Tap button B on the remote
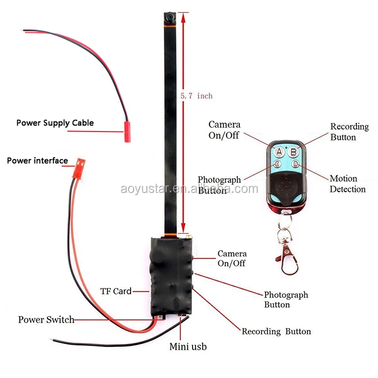pos(295,150)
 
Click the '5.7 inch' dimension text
pos(197,95)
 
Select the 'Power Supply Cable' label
pos(55,122)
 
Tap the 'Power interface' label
pos(37,161)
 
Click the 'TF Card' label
pos(115,291)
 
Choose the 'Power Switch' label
pos(46,320)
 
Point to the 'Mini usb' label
pos(187,347)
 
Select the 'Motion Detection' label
pos(347,184)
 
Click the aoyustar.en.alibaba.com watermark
pos(189,189)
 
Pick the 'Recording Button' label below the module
pos(276,331)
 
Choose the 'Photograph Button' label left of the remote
pos(219,185)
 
